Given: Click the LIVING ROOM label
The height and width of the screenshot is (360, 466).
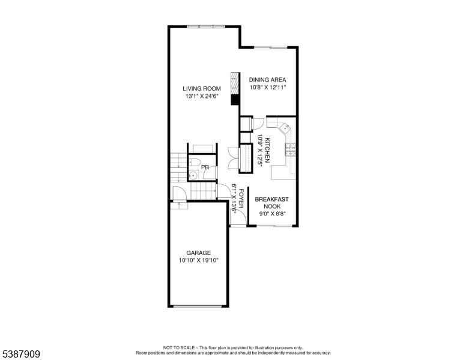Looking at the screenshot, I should [x=201, y=89].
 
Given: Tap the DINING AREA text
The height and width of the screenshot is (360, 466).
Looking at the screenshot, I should [x=267, y=79].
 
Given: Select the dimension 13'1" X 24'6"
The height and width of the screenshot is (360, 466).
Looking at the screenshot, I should [x=201, y=96].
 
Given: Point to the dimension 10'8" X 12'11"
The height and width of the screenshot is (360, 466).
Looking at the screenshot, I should [x=267, y=87].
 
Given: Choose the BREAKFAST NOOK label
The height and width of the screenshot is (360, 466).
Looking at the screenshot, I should [x=272, y=202].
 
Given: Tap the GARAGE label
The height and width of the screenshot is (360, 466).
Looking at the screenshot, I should [x=198, y=253].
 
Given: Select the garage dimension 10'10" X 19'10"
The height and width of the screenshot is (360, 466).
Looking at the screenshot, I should [x=198, y=260].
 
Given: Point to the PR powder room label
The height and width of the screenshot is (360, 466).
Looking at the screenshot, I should [x=205, y=167].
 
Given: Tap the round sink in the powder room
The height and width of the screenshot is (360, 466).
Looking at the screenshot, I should [x=194, y=175].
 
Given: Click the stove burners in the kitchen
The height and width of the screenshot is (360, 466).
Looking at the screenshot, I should [x=292, y=150].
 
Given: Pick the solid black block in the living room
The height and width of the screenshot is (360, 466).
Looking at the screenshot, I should [x=235, y=100].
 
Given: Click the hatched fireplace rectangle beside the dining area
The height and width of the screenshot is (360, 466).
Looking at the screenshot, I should [x=235, y=83].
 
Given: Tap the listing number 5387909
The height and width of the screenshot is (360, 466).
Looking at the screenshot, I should [x=20, y=355].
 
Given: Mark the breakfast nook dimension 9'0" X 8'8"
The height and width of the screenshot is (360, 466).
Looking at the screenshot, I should [x=272, y=213].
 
